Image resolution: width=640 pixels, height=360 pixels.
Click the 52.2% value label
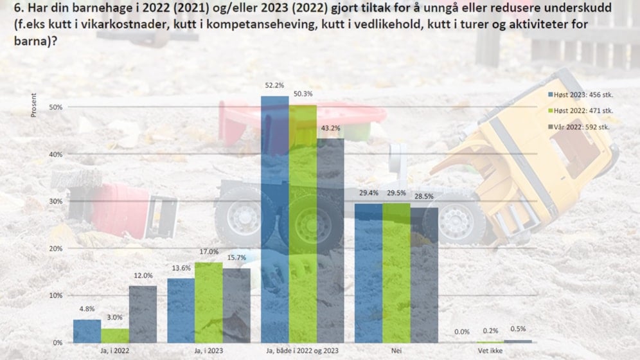(x=274, y=85)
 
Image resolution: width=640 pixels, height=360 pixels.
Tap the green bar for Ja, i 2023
(x=209, y=302)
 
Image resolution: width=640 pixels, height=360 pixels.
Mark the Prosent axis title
(x=34, y=105)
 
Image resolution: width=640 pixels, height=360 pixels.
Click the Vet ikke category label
(x=490, y=351)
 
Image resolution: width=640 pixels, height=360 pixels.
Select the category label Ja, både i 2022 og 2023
(x=302, y=351)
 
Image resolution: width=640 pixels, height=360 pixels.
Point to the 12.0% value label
(x=143, y=276)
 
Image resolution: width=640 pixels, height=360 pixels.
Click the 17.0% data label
(x=209, y=252)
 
